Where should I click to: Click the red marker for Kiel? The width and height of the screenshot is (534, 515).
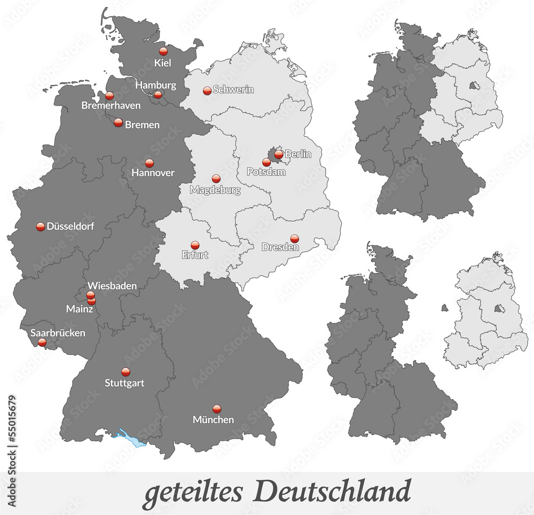point(163,51)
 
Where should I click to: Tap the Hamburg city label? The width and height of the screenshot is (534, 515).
point(155,85)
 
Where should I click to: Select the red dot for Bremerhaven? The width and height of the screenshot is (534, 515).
point(109,96)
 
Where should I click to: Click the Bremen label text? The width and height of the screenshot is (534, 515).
point(142,124)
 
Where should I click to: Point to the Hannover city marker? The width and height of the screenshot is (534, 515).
point(150,163)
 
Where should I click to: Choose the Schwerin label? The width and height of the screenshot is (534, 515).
point(233,90)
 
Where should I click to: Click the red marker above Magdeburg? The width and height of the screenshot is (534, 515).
point(216,179)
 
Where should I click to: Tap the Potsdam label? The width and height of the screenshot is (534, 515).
point(266,172)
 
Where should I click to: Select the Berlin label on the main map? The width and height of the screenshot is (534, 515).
point(297,154)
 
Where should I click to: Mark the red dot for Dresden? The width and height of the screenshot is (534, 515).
point(294,238)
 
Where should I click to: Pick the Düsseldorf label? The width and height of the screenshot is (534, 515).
point(70,227)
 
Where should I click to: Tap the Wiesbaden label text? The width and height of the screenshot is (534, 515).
point(112,286)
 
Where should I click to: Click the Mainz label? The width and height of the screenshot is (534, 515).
point(80,308)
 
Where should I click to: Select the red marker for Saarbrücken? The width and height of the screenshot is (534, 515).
point(42,342)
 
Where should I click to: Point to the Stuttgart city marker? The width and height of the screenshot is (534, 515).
point(125,372)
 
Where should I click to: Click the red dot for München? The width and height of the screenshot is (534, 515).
point(216,409)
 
